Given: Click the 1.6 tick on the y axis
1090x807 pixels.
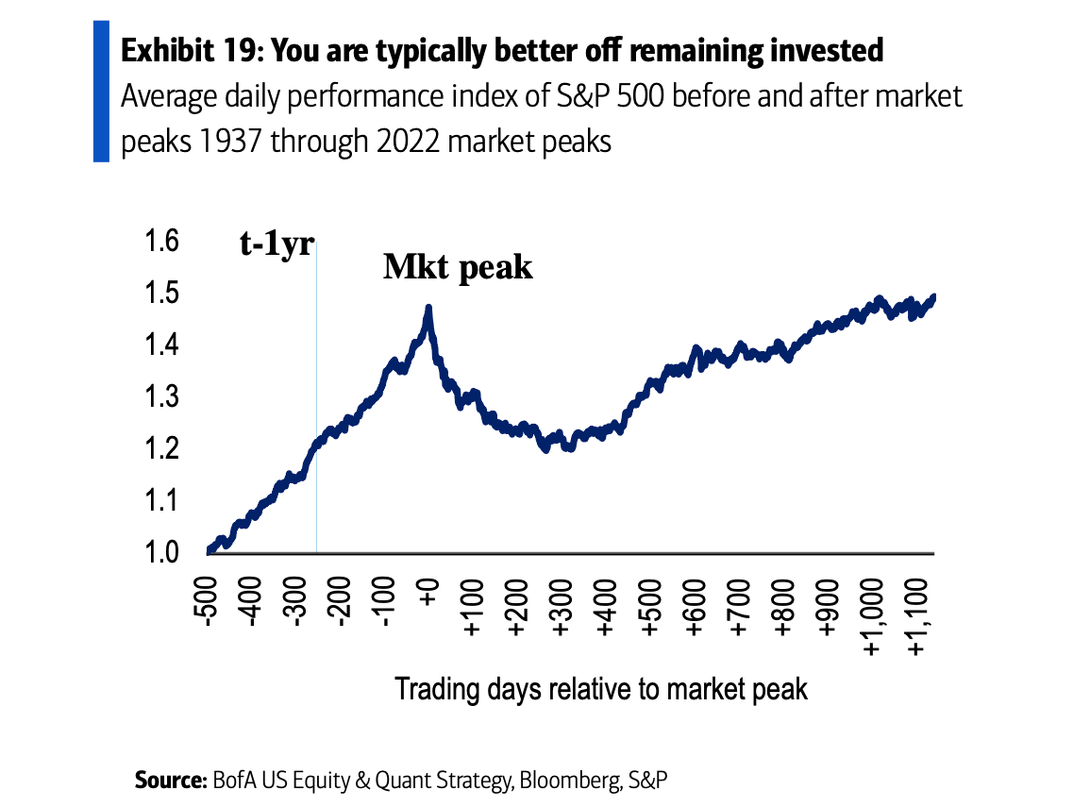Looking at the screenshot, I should click(x=160, y=243).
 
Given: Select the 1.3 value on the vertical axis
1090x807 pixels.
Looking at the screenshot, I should click(x=160, y=396).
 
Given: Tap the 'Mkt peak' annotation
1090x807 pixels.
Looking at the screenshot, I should click(x=458, y=267).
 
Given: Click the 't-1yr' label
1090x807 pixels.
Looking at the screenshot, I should click(x=276, y=244).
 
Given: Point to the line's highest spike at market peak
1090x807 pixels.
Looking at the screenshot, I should click(x=428, y=308).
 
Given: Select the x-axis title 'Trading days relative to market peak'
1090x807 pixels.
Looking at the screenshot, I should click(x=601, y=688).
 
